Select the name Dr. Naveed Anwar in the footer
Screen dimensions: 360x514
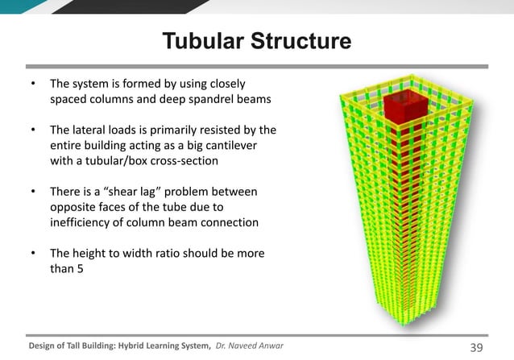[x=250, y=346]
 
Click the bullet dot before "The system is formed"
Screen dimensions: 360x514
[x=32, y=84]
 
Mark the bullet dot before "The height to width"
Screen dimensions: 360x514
[x=32, y=254]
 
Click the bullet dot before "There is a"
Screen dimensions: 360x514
[x=32, y=192]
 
